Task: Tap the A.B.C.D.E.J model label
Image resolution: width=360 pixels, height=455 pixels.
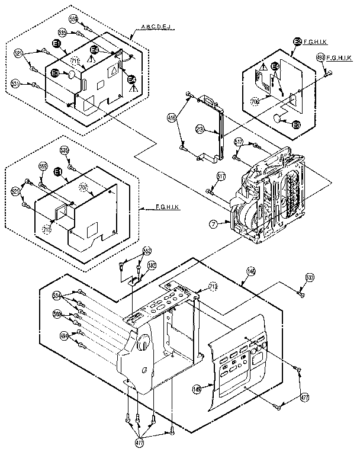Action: tap(163, 28)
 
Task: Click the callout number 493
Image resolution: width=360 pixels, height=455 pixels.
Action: tap(320, 57)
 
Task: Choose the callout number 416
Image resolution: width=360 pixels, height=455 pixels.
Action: tap(172, 116)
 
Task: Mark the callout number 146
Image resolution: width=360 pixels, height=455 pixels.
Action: tap(251, 271)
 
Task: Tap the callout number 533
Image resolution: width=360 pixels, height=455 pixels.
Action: tap(310, 277)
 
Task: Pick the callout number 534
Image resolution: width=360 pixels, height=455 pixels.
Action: tap(57, 294)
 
